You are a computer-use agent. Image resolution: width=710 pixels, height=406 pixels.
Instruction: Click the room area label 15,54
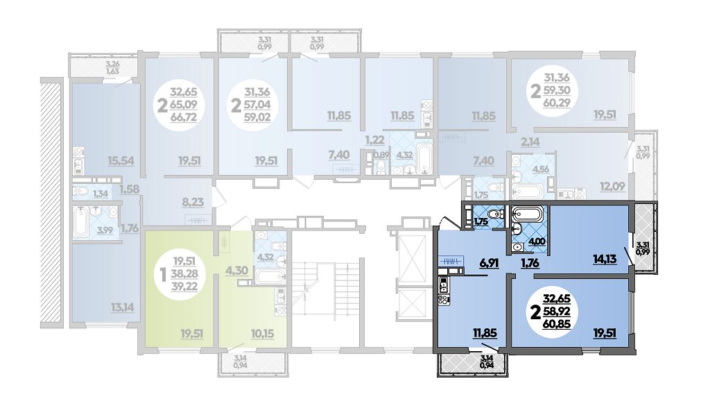(121, 161)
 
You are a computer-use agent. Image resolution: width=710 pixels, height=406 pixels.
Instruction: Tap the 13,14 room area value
(122, 308)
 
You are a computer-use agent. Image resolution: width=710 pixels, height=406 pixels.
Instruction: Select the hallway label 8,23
(193, 203)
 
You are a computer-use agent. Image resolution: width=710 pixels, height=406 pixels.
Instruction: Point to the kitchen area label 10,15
(262, 334)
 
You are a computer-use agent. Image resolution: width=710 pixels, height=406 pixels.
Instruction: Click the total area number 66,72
(184, 118)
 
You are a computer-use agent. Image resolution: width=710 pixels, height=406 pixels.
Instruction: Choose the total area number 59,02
(257, 118)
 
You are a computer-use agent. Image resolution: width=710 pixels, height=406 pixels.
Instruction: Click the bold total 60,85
(557, 323)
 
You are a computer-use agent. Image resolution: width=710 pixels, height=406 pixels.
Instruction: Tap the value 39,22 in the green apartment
(184, 286)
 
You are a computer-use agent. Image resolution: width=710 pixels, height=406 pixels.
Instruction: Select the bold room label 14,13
(605, 259)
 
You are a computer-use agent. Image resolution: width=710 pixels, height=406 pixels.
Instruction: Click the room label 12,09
(612, 186)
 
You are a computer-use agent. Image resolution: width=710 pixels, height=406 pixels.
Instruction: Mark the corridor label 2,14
(530, 142)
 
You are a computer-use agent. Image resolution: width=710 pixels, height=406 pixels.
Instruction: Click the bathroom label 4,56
(541, 169)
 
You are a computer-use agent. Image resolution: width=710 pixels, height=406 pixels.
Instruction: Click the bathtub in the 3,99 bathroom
(80, 221)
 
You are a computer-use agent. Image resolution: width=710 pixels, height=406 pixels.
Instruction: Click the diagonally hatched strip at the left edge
(51, 203)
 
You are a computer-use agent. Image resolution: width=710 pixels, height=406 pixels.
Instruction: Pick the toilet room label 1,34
(100, 194)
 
